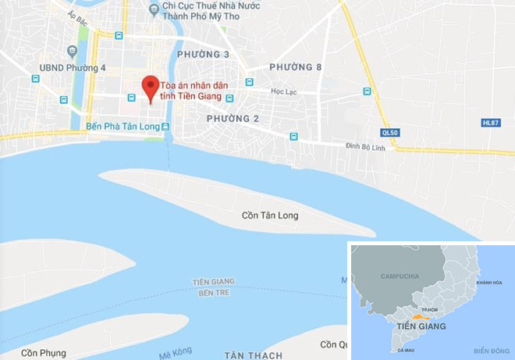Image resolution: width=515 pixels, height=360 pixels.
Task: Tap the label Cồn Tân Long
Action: [270, 215]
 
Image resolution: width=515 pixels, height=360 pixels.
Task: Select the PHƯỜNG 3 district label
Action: [203, 54]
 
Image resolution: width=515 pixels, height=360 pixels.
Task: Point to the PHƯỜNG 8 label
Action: [296, 68]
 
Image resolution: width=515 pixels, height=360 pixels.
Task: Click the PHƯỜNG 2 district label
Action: [233, 118]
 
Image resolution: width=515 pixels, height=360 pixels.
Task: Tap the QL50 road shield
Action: [389, 133]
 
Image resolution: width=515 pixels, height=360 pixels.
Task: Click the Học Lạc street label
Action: [285, 91]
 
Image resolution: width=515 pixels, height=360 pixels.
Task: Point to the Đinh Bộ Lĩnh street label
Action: [368, 146]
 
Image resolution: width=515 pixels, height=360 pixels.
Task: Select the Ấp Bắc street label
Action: [76, 15]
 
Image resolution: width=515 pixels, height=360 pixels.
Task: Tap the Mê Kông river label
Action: [176, 353]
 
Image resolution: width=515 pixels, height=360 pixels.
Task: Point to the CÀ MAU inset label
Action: [405, 351]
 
